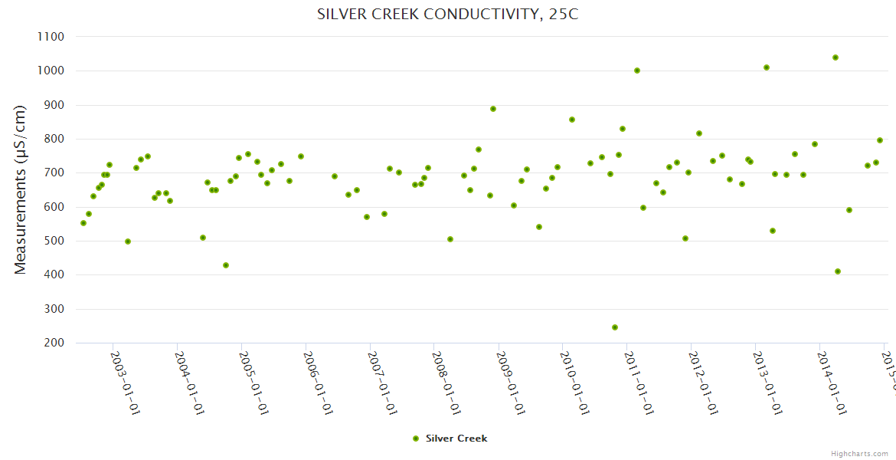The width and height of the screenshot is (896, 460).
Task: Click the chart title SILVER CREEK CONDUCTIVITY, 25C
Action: [x=447, y=15]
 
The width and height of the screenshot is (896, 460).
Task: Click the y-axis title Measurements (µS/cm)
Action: [x=21, y=189]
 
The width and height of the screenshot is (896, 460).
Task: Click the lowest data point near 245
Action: [x=615, y=327]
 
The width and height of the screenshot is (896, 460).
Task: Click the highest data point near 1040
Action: [x=836, y=58]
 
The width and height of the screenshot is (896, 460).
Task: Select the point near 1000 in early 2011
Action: [x=637, y=71]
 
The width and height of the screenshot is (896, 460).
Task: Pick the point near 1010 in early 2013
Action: [x=767, y=67]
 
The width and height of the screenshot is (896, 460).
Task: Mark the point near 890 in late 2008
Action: [x=493, y=109]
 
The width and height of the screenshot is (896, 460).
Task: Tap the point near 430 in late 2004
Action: [x=226, y=265]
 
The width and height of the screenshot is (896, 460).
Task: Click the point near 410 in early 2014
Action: [x=838, y=271]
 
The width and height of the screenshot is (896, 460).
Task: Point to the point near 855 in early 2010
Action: [x=572, y=120]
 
